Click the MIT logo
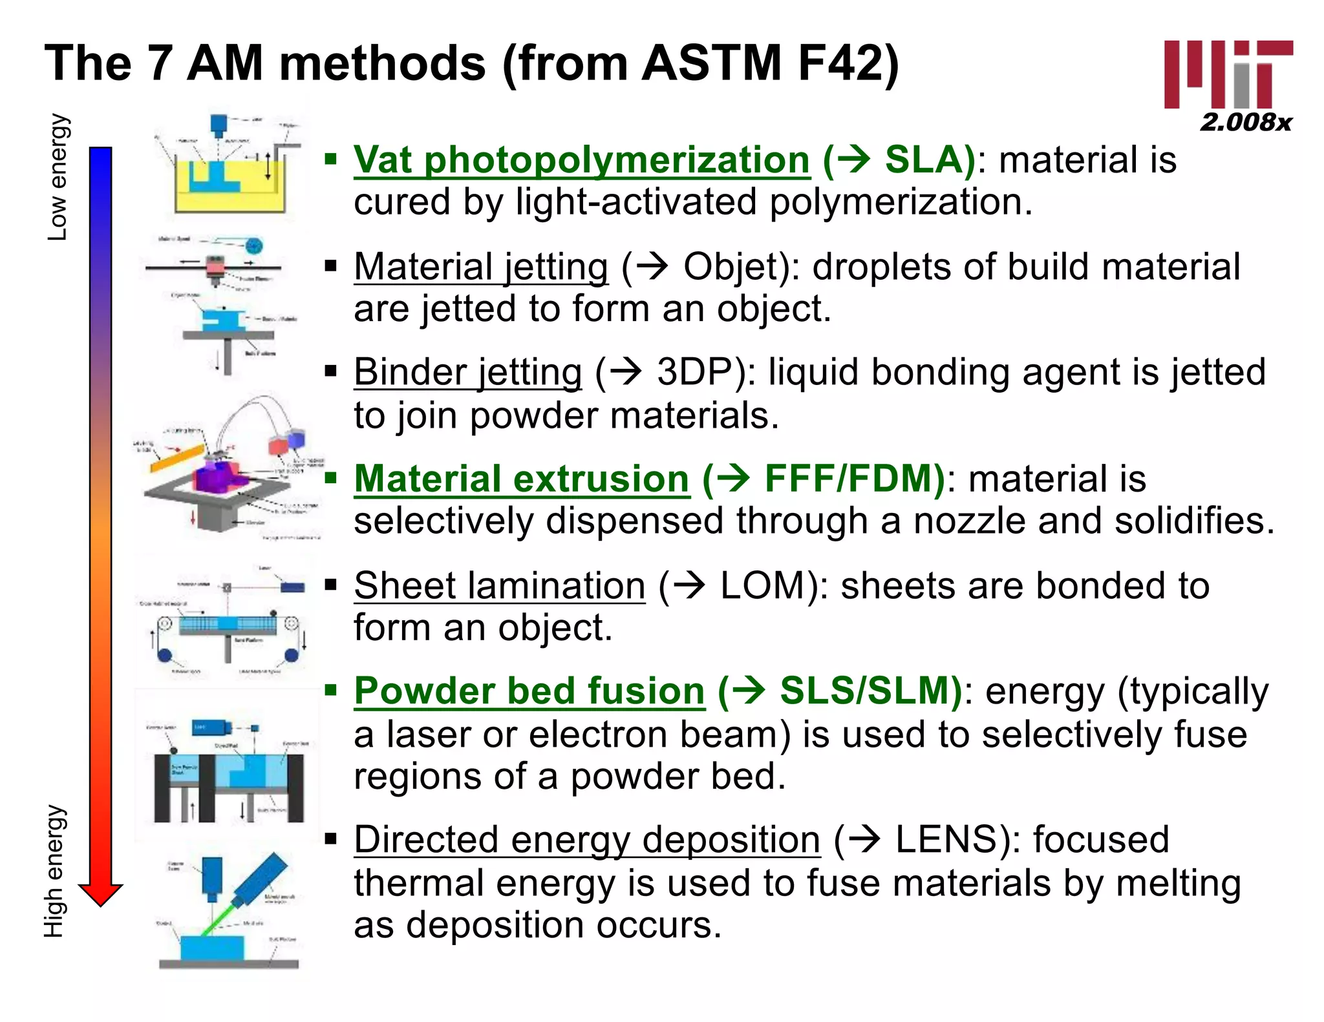coord(1228,74)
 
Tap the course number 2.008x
coord(1246,122)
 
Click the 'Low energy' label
coord(58,177)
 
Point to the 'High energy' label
coord(55,871)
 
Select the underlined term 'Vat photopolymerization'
coord(581,160)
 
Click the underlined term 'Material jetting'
coord(481,266)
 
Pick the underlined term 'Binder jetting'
coord(468,372)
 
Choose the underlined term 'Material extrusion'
coord(522,479)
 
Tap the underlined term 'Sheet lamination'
coord(500,585)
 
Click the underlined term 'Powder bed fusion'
coord(529,691)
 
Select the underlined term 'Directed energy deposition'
coord(587,839)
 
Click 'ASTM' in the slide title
coord(711,63)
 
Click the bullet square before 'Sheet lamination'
coord(332,585)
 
